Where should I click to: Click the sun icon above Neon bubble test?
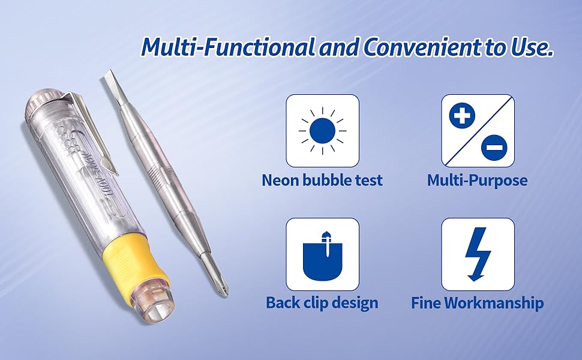322,130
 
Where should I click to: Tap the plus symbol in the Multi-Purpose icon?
461,115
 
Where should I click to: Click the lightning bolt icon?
478,254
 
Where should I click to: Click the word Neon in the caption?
279,180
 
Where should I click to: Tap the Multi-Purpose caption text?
478,180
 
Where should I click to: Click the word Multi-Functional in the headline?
227,47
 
